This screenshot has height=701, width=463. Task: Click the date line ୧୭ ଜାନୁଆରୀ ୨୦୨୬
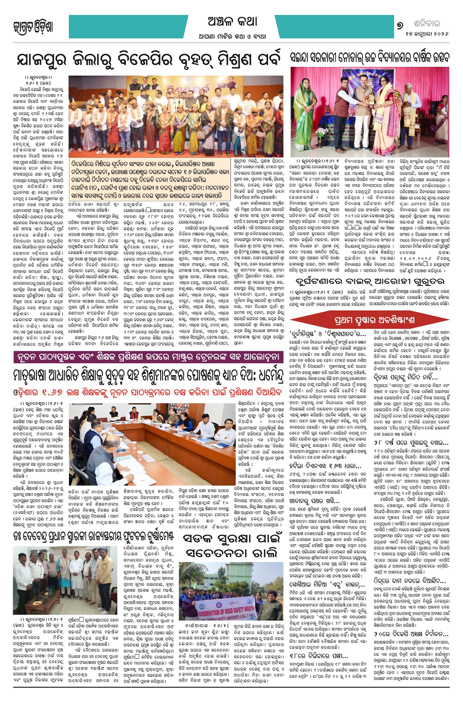(419, 36)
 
